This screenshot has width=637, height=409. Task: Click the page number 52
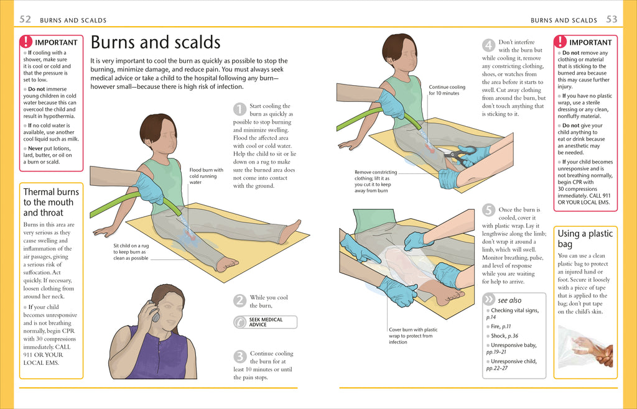click(x=26, y=19)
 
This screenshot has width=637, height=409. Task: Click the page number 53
click(x=611, y=19)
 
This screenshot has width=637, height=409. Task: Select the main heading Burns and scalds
click(x=156, y=42)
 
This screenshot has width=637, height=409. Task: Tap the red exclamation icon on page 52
click(x=26, y=42)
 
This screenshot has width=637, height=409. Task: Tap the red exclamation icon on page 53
click(x=560, y=42)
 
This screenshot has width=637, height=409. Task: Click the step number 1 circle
click(x=239, y=110)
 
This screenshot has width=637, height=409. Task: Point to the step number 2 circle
click(x=239, y=301)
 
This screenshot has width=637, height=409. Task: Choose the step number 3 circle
click(x=239, y=357)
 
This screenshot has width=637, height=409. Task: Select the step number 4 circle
click(x=489, y=45)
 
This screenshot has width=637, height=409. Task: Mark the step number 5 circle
click(x=489, y=210)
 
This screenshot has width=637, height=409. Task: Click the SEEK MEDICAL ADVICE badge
click(x=265, y=322)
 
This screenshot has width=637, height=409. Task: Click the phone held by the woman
click(x=154, y=311)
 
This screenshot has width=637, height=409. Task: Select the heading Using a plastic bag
click(x=585, y=239)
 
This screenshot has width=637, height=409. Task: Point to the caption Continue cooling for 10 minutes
click(x=447, y=90)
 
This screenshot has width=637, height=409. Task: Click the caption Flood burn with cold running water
click(x=206, y=176)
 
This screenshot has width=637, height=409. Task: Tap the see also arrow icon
click(x=489, y=300)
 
